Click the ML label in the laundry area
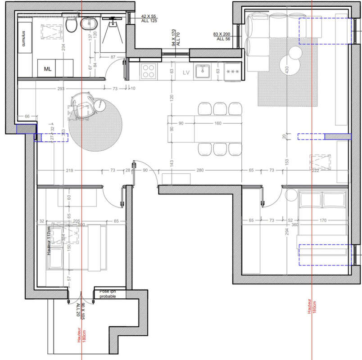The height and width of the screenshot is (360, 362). (x=48, y=69)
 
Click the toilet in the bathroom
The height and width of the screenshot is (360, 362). (x=71, y=26)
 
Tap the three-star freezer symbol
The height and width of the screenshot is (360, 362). (x=233, y=72)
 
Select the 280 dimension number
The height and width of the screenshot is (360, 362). (x=200, y=171)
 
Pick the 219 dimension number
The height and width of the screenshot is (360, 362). (x=69, y=171)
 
